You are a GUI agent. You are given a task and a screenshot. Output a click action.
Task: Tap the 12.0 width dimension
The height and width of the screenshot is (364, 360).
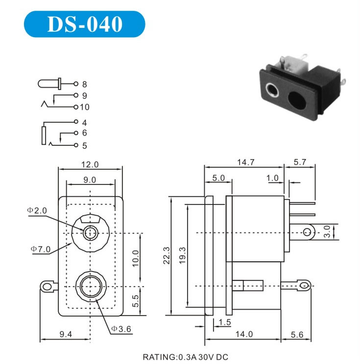[x=90, y=164]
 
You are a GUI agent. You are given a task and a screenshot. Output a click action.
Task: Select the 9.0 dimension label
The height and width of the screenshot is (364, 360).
[x=90, y=180]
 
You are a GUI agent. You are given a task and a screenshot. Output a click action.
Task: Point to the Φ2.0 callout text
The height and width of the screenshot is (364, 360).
[x=37, y=210]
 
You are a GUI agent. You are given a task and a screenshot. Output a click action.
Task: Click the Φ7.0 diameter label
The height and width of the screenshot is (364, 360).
[x=40, y=250]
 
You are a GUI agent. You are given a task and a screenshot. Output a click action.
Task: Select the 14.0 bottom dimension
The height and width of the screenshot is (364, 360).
[x=243, y=334]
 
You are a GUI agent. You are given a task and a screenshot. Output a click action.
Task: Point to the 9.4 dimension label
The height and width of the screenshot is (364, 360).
[x=65, y=334]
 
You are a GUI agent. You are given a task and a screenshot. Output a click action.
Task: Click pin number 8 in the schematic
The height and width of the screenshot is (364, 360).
[x=84, y=84]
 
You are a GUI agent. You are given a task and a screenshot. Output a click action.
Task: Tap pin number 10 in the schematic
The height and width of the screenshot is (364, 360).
[x=86, y=107]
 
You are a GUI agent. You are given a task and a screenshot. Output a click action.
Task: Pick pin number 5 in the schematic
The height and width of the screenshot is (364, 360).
[x=84, y=145]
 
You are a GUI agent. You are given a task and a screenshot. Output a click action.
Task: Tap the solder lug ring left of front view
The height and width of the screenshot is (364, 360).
[x=47, y=286]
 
